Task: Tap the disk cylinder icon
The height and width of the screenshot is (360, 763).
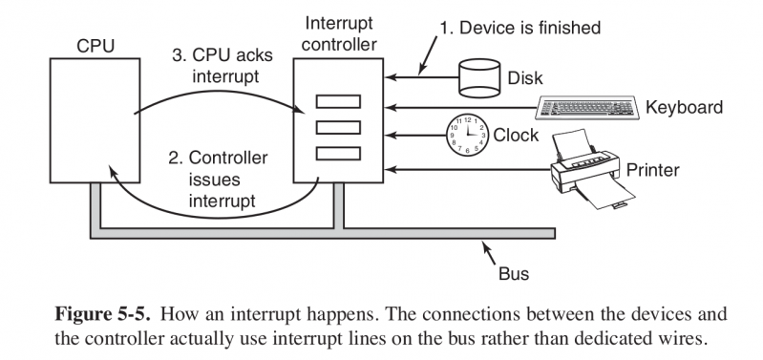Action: click(478, 78)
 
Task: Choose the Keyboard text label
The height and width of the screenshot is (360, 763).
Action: click(684, 107)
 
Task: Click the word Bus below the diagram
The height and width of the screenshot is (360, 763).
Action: click(513, 274)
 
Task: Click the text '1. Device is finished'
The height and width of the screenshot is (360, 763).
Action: click(519, 29)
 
